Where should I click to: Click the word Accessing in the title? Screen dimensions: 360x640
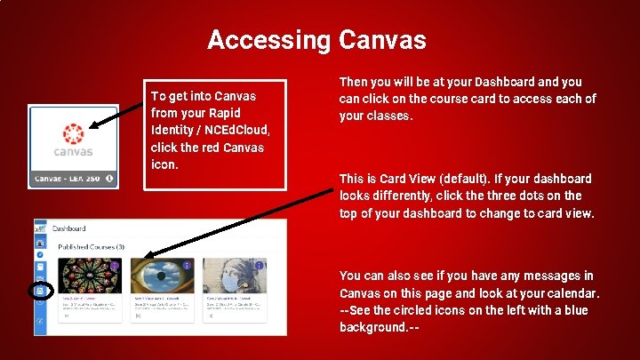[x=268, y=40]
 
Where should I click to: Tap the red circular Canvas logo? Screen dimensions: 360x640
[x=72, y=132]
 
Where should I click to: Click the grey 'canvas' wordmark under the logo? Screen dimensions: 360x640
[x=72, y=152]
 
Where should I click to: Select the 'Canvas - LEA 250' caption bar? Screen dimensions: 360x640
[x=73, y=178]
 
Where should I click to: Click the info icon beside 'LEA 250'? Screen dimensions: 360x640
[x=109, y=178]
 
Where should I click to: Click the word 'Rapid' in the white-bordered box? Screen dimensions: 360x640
[x=222, y=113]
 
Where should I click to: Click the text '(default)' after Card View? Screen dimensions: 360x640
[x=459, y=179]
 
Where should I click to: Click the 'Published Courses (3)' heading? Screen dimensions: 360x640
[x=91, y=245]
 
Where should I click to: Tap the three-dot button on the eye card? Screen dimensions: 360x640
[x=187, y=265]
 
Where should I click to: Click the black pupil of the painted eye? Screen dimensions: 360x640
[x=159, y=277]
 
